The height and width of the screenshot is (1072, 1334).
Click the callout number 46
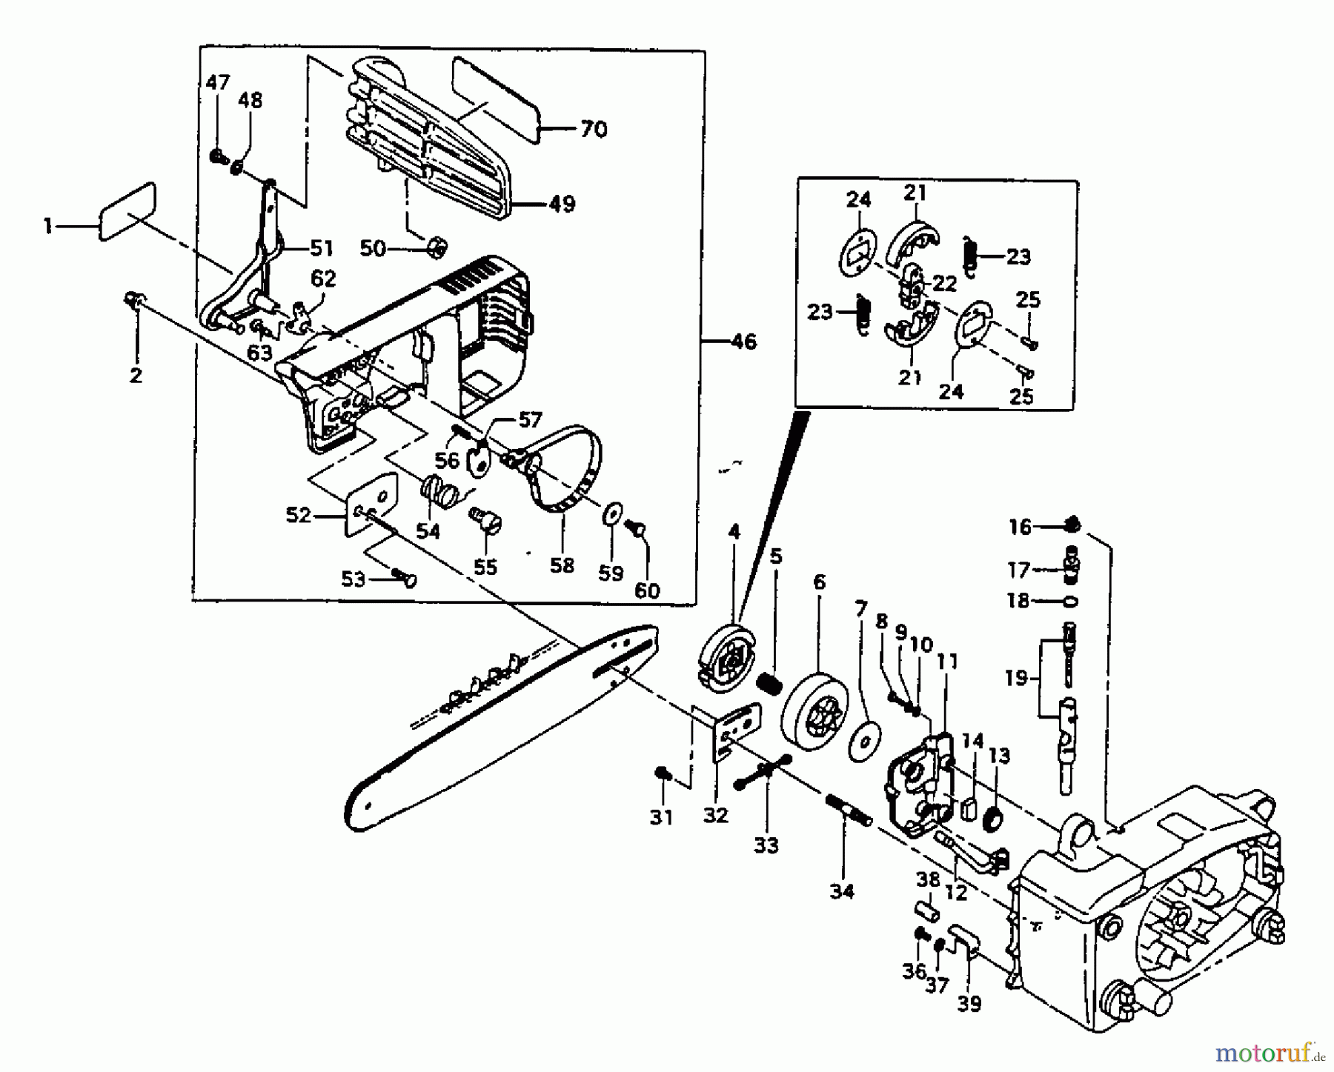(743, 342)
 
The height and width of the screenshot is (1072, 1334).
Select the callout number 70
(594, 130)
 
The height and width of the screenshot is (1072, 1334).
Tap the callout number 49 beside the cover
(563, 204)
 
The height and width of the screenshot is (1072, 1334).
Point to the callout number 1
(48, 225)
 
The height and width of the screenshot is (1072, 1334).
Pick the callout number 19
(1017, 678)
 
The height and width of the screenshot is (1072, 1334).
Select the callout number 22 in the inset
(945, 283)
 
